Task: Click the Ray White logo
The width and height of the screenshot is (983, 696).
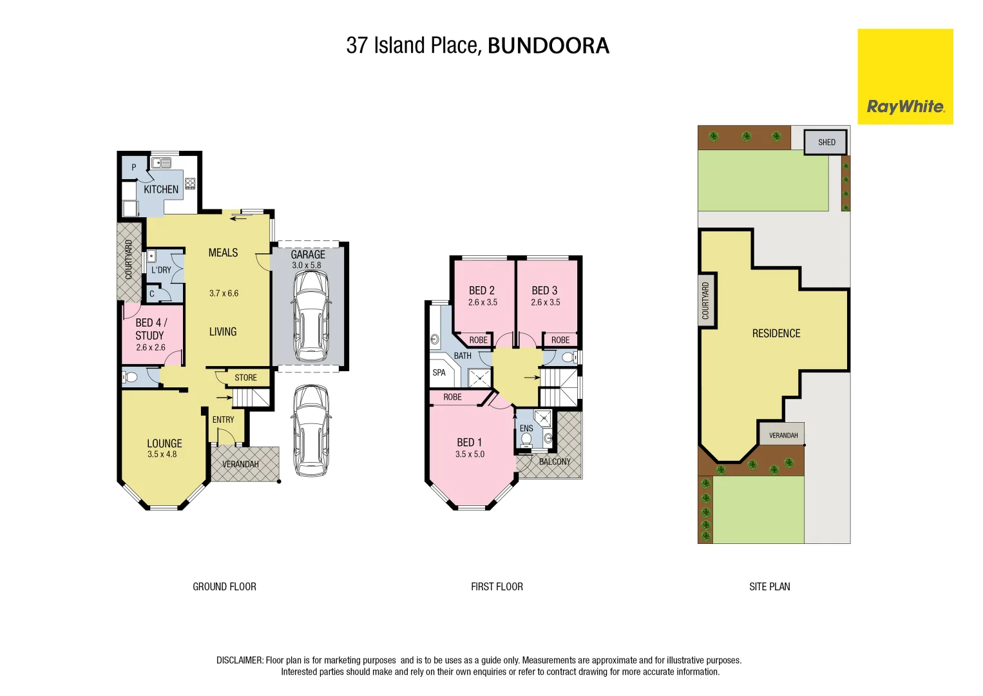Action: coord(905,77)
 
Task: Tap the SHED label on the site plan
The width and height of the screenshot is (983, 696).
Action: coord(826,142)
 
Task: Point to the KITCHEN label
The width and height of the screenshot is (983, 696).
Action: coord(161,189)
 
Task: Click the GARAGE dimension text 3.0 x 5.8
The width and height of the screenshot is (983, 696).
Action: coord(307,266)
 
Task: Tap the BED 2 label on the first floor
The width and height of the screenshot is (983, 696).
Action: coord(482,291)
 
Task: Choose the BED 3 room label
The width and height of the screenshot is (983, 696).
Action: coord(545,291)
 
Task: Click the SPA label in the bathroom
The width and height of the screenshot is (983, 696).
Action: coord(439,372)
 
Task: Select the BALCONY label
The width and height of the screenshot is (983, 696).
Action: coord(555,461)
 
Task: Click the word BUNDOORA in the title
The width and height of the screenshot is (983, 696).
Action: coord(548,46)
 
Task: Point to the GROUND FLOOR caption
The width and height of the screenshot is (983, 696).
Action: coord(224,586)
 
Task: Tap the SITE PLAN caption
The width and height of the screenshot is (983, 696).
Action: coord(769,586)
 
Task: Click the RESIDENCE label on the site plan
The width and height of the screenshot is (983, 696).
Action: coord(776,333)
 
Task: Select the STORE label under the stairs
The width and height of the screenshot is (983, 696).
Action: coord(245,378)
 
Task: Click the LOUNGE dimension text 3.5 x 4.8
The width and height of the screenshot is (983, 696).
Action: coord(162,454)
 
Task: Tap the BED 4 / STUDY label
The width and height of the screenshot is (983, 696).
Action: coord(151,329)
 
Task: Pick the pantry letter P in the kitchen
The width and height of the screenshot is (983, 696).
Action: coord(134,168)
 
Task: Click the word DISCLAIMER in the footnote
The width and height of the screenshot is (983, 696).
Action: coord(240,661)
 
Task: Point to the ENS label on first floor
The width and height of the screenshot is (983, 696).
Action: coord(526,429)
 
